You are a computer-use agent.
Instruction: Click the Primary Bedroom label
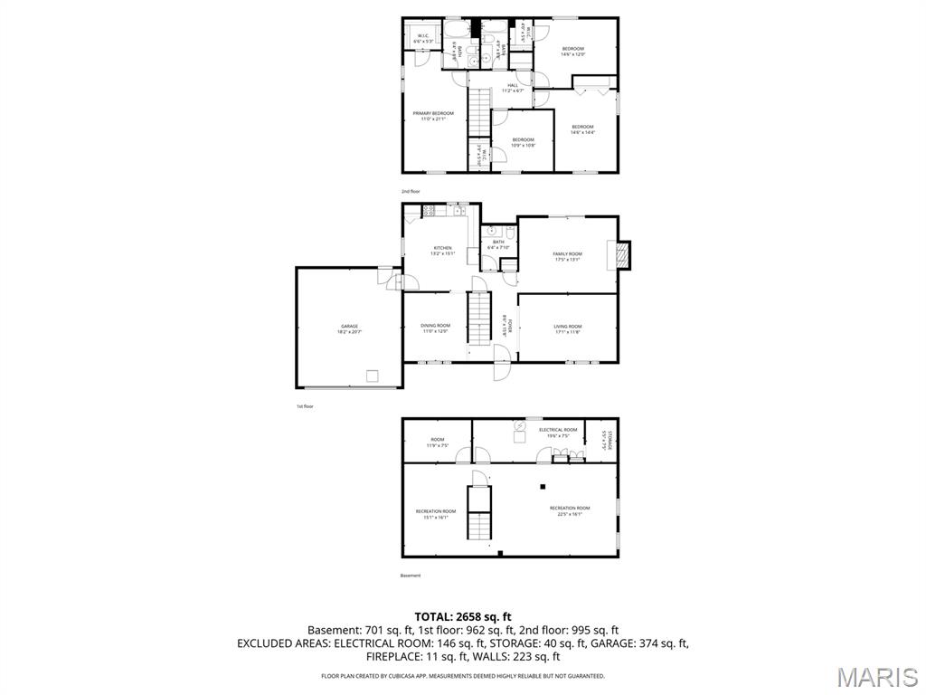433,115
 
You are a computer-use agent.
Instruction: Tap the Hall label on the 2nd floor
513,88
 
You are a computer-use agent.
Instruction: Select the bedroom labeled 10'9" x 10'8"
523,142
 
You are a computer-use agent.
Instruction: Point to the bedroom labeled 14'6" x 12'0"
573,52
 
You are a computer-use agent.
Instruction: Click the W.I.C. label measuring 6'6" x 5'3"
423,39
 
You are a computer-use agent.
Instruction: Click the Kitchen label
442,250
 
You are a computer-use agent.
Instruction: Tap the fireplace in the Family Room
621,255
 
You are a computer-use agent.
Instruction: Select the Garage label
349,328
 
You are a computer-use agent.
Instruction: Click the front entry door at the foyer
500,371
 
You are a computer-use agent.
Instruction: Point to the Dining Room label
435,328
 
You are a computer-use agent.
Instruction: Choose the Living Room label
567,328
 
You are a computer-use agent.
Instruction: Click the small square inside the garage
372,376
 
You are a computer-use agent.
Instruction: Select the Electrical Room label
558,432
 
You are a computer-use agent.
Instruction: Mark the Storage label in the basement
607,440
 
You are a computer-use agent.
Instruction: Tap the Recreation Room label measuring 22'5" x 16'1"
570,510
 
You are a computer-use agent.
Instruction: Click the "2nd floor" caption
411,192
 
